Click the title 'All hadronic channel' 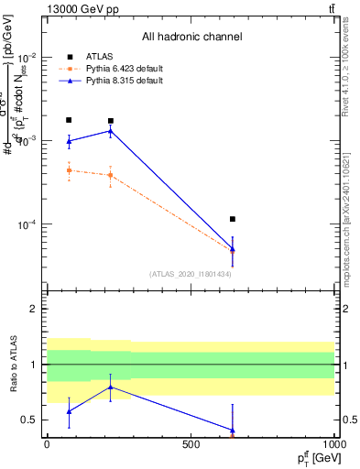pos(191,37)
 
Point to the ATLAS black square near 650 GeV pos(233,219)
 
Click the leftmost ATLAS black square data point pos(69,120)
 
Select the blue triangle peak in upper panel pos(111,131)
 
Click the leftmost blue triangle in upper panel pos(69,141)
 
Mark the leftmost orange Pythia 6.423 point pos(69,170)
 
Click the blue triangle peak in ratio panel pos(111,387)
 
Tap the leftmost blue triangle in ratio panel pos(69,411)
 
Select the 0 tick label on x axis pos(47,443)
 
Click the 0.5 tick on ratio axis pos(31,420)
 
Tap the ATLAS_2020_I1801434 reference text pos(191,274)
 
